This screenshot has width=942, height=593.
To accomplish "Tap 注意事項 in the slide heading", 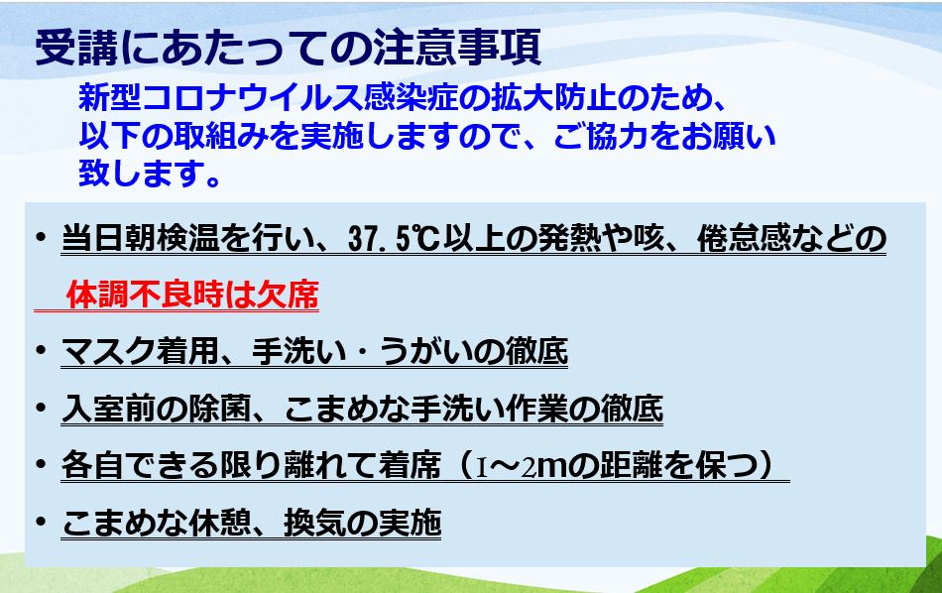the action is (x=457, y=48).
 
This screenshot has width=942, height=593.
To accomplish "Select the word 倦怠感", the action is (x=744, y=239).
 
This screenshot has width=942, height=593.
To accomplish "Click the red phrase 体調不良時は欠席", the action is (x=192, y=295).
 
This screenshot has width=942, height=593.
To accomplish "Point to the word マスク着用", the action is (x=141, y=351).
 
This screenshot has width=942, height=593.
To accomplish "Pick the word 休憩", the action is (x=219, y=523).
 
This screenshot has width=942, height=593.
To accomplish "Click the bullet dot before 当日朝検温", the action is (x=41, y=236).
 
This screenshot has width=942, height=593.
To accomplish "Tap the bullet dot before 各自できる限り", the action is (x=41, y=464).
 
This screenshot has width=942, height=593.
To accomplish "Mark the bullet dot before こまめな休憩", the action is (x=41, y=521).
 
